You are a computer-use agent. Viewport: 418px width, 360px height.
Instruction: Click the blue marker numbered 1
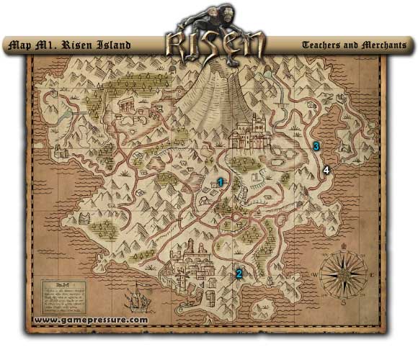tap(221, 181)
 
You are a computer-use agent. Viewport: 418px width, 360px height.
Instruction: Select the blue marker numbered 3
tap(316, 146)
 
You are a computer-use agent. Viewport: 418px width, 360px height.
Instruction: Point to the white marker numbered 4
tap(326, 170)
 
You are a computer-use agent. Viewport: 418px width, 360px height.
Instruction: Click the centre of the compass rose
tap(344, 276)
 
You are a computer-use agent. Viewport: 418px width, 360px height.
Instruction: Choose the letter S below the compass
tap(344, 303)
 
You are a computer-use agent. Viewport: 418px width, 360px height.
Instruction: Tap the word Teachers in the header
tap(324, 45)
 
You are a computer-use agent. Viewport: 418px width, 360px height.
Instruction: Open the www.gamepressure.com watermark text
tap(91, 320)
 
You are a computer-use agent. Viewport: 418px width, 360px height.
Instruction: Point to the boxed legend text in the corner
tap(61, 294)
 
